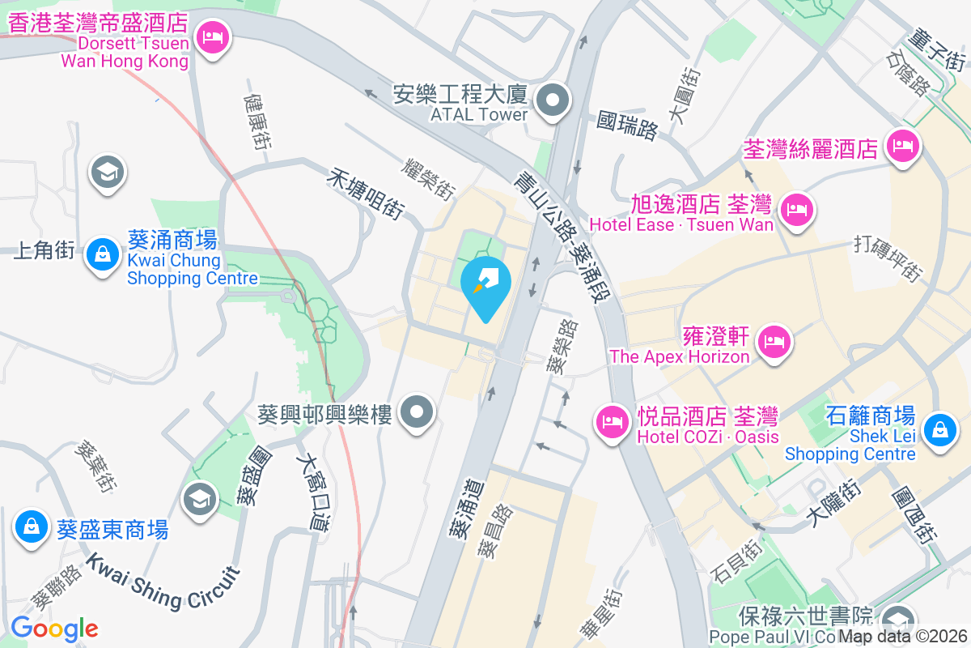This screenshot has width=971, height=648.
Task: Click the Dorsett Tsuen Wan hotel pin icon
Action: pyautogui.click(x=214, y=37)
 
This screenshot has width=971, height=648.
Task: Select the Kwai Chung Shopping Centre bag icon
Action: pyautogui.click(x=104, y=254)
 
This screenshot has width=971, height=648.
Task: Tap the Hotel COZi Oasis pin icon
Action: pyautogui.click(x=612, y=421)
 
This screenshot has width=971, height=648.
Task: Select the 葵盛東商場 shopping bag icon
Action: pyautogui.click(x=31, y=526)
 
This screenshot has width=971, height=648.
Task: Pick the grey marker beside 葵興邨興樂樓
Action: pyautogui.click(x=418, y=413)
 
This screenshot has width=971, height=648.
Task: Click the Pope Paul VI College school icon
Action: pyautogui.click(x=897, y=620)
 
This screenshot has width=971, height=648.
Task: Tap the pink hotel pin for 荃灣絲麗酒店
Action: pyautogui.click(x=902, y=147)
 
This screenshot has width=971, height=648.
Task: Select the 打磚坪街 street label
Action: pyautogui.click(x=888, y=258)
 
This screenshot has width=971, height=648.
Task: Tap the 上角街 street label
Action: pyautogui.click(x=45, y=250)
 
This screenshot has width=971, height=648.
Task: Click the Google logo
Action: pyautogui.click(x=54, y=628)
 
